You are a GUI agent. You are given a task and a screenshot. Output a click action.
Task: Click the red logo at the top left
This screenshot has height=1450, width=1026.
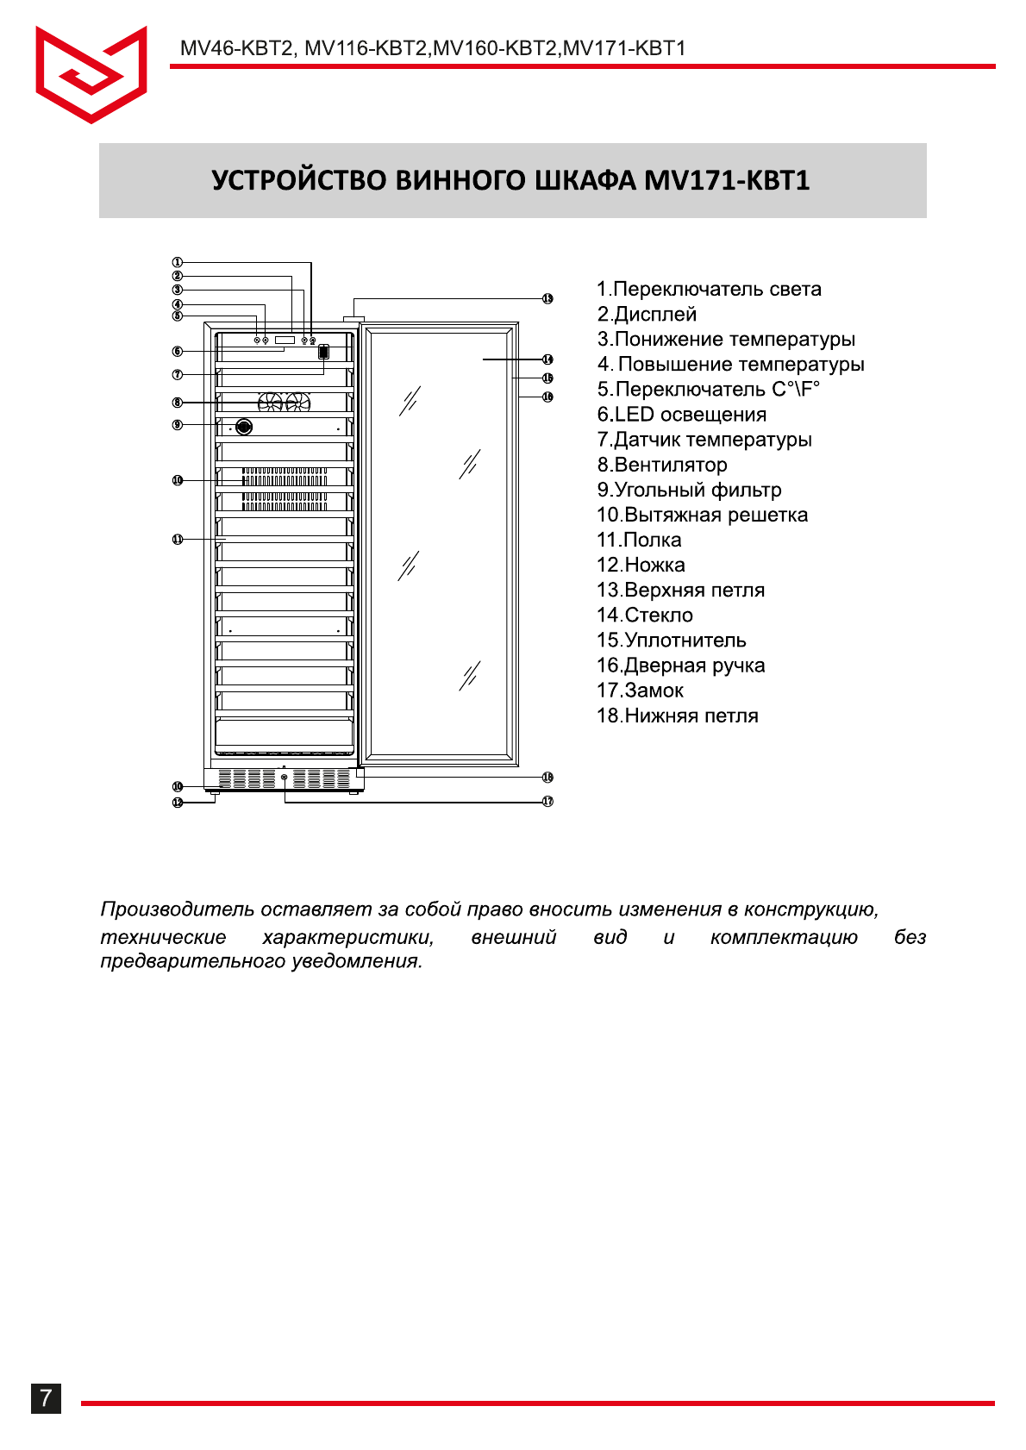(91, 74)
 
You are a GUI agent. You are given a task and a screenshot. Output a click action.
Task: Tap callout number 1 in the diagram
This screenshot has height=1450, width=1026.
(178, 262)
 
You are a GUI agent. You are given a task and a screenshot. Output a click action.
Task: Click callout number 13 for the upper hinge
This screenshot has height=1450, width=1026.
(547, 298)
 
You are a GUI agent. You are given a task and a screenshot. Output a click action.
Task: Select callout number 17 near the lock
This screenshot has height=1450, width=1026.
(547, 801)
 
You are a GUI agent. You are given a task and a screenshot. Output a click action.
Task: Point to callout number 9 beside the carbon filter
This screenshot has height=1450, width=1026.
(178, 425)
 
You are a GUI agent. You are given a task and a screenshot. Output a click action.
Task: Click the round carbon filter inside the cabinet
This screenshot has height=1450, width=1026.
(244, 427)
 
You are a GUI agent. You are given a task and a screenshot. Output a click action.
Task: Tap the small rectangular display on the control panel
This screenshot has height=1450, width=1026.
(285, 341)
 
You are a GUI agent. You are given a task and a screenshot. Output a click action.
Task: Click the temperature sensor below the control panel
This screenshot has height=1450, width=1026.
(323, 352)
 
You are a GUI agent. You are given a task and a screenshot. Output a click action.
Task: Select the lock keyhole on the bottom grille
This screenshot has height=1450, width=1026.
(285, 778)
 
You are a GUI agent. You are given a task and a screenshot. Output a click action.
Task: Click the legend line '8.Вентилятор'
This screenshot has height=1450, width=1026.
(662, 465)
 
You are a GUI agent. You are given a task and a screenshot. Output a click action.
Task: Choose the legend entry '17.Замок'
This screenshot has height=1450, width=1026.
(640, 691)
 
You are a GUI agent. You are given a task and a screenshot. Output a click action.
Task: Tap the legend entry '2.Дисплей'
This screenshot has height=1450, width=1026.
(647, 315)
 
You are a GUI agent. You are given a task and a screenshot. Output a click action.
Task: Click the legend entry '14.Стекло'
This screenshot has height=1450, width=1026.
(645, 616)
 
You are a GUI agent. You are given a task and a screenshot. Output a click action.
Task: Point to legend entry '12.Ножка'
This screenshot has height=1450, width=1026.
(641, 566)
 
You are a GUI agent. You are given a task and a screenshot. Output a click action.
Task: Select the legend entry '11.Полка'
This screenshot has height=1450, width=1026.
(639, 541)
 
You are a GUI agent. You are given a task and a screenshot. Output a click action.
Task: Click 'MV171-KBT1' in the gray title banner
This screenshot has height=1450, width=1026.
(727, 181)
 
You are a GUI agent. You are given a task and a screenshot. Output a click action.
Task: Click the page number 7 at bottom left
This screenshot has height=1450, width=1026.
(47, 1397)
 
